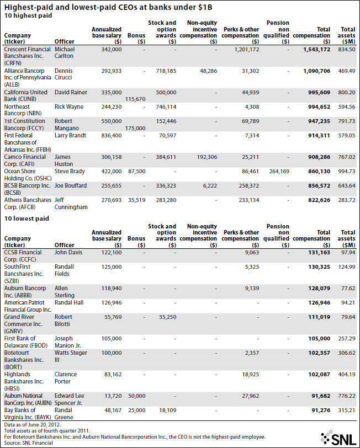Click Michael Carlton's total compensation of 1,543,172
pos(316,50)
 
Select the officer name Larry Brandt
pos(70,135)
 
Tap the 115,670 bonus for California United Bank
pos(135,99)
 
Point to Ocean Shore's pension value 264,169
pos(279,172)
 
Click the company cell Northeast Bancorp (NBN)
pos(23,110)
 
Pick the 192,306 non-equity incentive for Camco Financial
pos(207,157)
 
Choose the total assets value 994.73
pos(347,172)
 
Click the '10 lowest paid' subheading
pos(27,218)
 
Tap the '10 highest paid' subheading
pos(28,15)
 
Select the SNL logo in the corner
pos(338,438)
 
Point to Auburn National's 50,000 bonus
pos(136,396)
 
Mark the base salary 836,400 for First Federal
pos(111,135)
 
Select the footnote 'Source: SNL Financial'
pos(28,443)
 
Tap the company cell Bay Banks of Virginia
pos(28,414)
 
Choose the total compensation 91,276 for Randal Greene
pos(321,410)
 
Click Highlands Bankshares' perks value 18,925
pos(251,375)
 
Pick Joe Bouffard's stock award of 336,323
pos(166,186)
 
